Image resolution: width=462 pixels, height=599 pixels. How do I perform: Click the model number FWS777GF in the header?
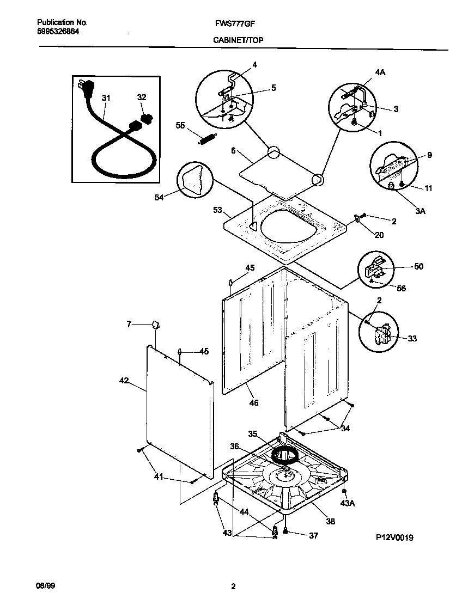point(238,23)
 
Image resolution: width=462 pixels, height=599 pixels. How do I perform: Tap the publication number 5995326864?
point(58,32)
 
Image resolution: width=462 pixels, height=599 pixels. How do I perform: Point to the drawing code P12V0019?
point(394,537)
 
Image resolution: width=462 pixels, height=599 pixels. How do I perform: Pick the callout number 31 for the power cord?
point(106,98)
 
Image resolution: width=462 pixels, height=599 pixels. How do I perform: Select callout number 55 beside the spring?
point(180,125)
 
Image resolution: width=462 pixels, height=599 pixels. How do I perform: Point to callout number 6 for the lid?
point(233,152)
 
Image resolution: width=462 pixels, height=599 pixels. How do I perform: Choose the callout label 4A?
point(380,71)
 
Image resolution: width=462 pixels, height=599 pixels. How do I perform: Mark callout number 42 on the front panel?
point(124,381)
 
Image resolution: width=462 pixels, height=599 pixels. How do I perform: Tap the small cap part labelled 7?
point(155,325)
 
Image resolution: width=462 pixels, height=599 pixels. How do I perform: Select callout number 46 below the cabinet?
point(254,403)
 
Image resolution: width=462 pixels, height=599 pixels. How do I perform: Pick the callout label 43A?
point(347,504)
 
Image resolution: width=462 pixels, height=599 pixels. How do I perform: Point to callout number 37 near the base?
point(313,535)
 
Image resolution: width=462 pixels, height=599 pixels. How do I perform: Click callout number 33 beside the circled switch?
point(412,338)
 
